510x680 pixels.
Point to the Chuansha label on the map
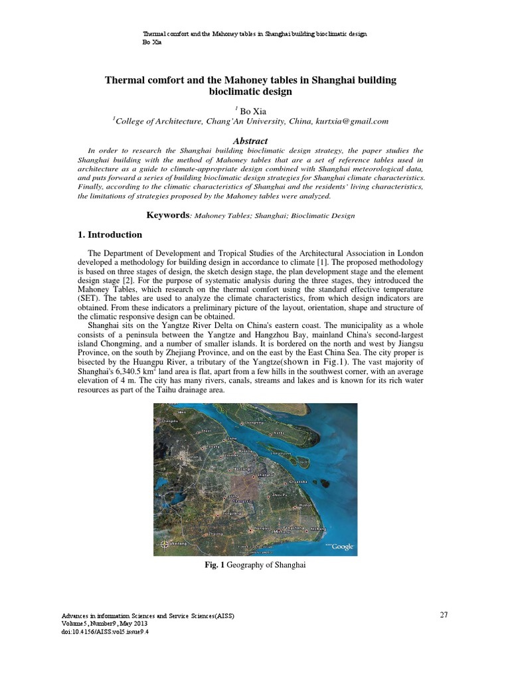tap(299, 480)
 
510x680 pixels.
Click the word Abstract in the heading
tap(250, 141)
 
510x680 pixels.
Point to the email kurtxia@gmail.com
tap(355, 122)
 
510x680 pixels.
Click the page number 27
tap(444, 614)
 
